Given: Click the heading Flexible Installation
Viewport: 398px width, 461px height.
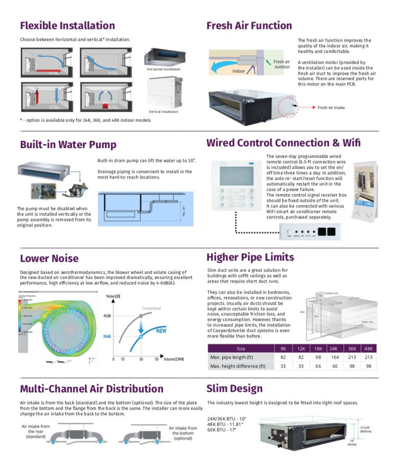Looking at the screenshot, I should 67,25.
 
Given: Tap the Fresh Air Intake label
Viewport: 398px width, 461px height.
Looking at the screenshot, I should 331,107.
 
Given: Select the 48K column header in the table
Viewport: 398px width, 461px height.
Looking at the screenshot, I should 368,348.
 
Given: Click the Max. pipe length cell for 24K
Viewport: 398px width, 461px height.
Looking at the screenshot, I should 335,357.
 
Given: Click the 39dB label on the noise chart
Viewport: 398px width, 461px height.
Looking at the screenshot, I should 107,336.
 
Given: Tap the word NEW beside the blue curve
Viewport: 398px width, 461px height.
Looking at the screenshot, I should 161,331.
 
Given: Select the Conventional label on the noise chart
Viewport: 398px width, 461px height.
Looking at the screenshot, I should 152,308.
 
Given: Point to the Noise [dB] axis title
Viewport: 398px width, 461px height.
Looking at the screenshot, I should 113,296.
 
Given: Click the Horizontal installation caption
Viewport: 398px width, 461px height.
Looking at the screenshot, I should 164,69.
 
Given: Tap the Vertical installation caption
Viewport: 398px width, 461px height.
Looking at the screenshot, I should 163,112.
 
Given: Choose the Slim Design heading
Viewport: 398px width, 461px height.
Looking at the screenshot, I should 234,388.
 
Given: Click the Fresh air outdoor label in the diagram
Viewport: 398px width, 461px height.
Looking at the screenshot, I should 282,64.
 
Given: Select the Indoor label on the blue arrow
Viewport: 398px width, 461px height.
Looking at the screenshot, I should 239,71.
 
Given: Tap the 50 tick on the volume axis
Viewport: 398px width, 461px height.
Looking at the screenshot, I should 156,359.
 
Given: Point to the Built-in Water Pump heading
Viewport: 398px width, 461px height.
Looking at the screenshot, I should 68,144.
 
